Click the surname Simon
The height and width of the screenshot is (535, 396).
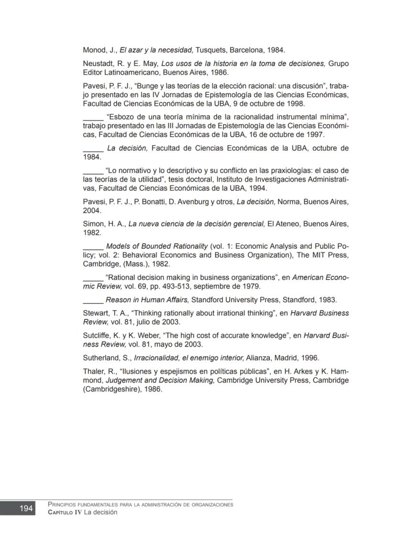click(x=94, y=224)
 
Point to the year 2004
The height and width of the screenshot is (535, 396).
click(x=91, y=210)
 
